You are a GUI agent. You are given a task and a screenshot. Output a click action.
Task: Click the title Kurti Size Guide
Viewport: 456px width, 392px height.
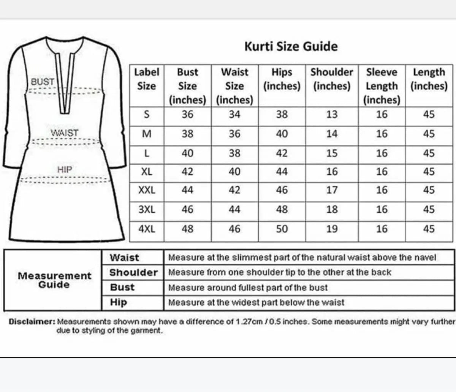291,46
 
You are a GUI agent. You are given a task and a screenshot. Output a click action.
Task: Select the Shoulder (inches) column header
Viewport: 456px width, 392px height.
332,79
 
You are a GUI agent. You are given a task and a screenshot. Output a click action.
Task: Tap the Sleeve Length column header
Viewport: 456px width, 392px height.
382,86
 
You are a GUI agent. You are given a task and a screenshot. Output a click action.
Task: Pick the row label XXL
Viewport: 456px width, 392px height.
147,190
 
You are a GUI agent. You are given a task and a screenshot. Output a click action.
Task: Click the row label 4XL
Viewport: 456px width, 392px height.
147,229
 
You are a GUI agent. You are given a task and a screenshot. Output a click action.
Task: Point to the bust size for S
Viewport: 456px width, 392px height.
187,114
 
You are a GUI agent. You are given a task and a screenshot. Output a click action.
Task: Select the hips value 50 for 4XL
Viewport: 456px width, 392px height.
282,229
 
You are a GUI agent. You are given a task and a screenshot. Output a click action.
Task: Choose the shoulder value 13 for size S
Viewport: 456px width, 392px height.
332,114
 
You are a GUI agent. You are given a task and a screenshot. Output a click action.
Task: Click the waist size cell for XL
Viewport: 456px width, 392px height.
234,172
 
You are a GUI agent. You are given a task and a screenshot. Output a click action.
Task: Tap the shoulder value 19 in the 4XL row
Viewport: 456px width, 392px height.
332,229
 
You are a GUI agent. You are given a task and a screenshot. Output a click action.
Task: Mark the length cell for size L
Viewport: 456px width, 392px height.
429,153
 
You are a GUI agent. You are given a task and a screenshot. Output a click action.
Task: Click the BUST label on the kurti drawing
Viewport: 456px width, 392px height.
43,82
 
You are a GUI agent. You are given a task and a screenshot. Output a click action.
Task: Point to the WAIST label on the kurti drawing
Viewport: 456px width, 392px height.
65,133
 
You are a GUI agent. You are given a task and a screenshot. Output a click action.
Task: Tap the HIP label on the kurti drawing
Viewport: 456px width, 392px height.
65,169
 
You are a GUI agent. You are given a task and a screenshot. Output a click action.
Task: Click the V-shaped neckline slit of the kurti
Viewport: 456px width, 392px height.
63,87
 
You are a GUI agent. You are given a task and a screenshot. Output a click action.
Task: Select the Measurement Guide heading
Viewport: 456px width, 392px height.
54,280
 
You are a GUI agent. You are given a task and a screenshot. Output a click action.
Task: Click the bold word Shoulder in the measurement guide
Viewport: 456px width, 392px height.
133,272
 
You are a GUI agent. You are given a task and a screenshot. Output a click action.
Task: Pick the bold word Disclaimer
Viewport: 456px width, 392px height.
32,322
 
